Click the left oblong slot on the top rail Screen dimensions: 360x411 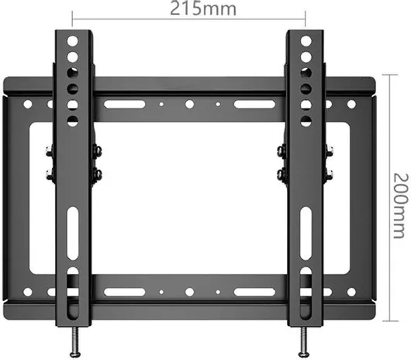[x=125, y=104]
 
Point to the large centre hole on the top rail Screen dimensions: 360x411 [x=188, y=104]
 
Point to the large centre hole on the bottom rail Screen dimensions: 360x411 [x=188, y=292]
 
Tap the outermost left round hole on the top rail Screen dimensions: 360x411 [x=28, y=103]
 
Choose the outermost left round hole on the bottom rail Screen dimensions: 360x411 [x=28, y=292]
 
